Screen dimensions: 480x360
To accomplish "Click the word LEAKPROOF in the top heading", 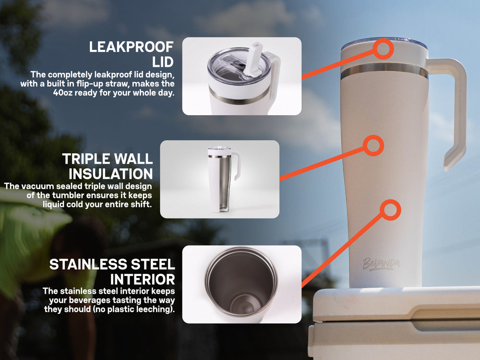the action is [x=132, y=47].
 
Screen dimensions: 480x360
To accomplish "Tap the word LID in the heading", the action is [x=163, y=62].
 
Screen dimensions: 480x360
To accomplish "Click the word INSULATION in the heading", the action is [x=111, y=174].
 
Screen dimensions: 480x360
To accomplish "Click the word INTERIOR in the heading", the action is [x=143, y=279].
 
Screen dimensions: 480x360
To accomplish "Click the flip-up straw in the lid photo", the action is [x=253, y=59].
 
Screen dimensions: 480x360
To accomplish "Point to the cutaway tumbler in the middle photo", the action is [x=224, y=180].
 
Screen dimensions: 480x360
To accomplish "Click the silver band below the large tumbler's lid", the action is [x=384, y=72].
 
